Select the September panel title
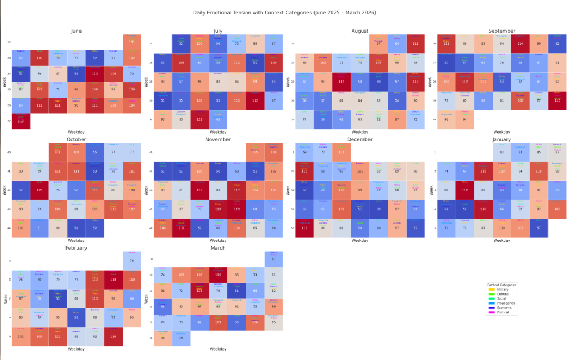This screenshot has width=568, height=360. pyautogui.click(x=501, y=31)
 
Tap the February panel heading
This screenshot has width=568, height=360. pyautogui.click(x=76, y=248)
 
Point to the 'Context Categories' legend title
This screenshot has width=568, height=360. pyautogui.click(x=501, y=285)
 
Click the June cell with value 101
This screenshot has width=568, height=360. pyautogui.click(x=131, y=42)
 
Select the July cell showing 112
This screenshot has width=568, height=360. pyautogui.click(x=256, y=100)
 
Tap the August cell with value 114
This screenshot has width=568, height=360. pyautogui.click(x=341, y=81)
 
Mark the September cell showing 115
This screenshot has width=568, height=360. pyautogui.click(x=557, y=100)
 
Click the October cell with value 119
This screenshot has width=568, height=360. pyautogui.click(x=39, y=190)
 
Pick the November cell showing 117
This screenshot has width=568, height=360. pyautogui.click(x=237, y=190)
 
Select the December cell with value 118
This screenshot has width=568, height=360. pyautogui.click(x=305, y=228)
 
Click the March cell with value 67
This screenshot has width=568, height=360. pyautogui.click(x=273, y=259)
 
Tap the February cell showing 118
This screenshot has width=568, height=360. pyautogui.click(x=113, y=279)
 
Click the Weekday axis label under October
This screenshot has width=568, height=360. pyautogui.click(x=76, y=241)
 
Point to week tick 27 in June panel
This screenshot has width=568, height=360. pyautogui.click(x=9, y=120)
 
